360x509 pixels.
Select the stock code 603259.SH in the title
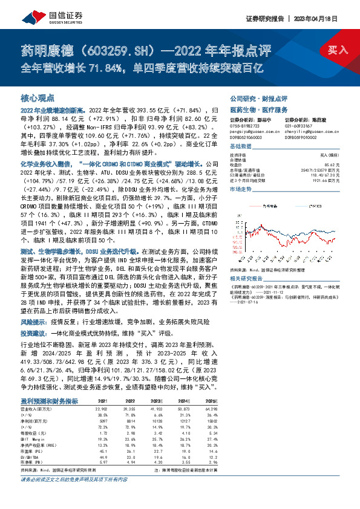click(126, 49)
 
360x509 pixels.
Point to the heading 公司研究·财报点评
click(258, 97)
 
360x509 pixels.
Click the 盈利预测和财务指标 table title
click(49, 384)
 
